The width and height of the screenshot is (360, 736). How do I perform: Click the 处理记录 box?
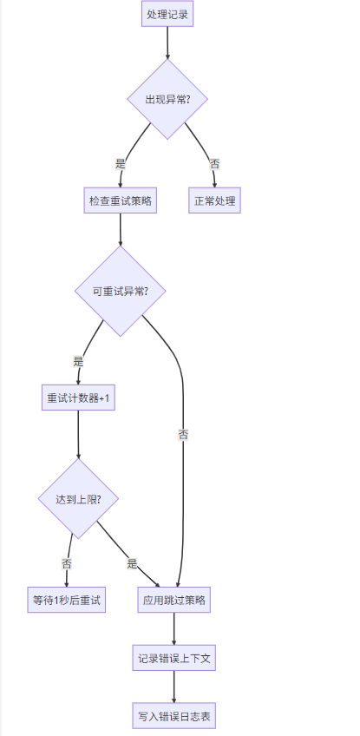(167, 15)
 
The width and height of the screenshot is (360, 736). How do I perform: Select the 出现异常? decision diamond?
(167, 99)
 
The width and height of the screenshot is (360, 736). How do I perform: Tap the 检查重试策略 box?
(120, 200)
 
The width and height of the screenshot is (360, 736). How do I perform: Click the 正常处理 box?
(214, 200)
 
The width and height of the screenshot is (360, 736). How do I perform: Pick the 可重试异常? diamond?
(120, 291)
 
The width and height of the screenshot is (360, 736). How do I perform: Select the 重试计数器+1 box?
(78, 398)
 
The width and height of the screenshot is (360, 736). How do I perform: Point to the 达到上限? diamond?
(78, 499)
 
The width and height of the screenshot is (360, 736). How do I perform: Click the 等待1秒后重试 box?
(67, 600)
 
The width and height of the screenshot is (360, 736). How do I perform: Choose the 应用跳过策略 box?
(174, 600)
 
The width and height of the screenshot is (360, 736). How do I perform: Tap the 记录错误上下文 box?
(174, 658)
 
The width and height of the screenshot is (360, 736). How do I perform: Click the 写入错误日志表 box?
(174, 717)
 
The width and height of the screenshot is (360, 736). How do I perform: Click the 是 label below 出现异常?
(120, 163)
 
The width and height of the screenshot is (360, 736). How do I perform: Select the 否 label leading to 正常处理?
(214, 163)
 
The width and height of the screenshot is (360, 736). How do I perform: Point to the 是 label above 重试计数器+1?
(78, 361)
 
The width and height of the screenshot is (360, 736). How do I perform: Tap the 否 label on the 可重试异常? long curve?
(183, 434)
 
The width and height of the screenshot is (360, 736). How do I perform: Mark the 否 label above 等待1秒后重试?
(67, 563)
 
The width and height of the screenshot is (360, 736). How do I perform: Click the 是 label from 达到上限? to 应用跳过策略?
(132, 563)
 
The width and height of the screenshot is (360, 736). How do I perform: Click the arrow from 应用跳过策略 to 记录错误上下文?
(174, 628)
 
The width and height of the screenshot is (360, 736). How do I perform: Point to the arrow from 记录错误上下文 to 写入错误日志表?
(174, 687)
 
